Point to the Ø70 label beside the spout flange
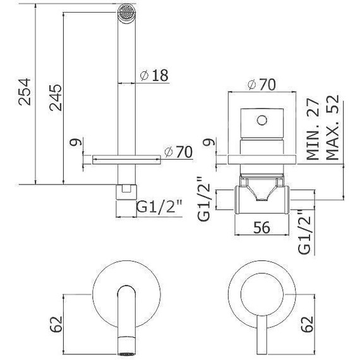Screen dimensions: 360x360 tap(177, 152)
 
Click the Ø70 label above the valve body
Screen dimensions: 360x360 tap(262, 83)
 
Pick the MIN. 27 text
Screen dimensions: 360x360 tap(311, 128)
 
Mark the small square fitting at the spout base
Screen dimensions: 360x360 tap(128, 188)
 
